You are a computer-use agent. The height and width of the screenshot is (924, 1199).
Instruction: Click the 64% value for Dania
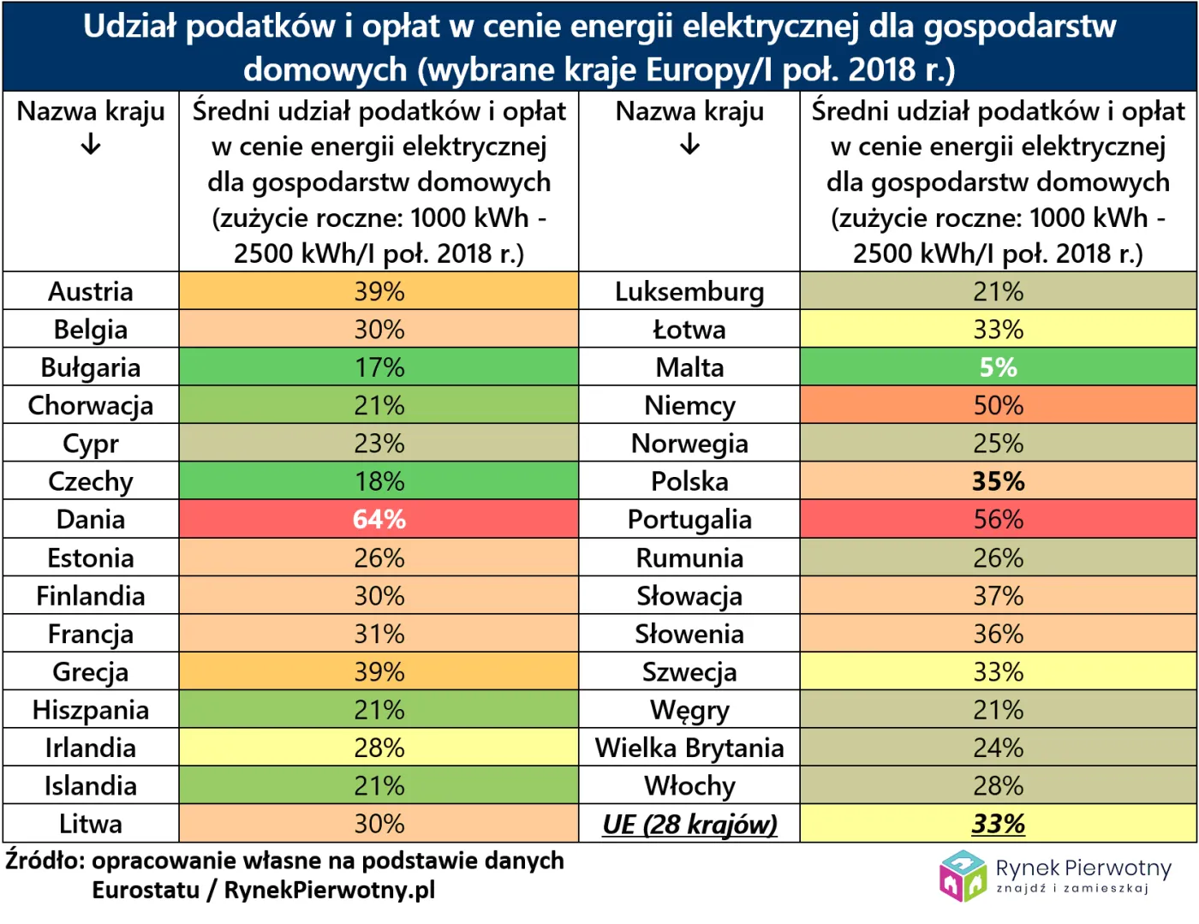coord(379,520)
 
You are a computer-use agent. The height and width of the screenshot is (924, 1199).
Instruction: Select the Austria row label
coord(91,292)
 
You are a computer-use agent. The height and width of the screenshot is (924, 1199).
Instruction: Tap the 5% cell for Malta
coord(998,367)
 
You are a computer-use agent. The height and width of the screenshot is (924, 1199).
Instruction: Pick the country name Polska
coord(689,481)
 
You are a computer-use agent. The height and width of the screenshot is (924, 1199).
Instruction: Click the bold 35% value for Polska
coord(998,481)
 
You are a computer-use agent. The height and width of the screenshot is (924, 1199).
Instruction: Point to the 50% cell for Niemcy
coord(998,405)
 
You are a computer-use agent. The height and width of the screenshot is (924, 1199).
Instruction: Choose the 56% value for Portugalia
coord(998,520)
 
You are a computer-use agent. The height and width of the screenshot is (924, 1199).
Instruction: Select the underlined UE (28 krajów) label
coord(689,824)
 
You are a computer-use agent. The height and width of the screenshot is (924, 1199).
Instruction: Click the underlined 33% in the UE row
coord(998,824)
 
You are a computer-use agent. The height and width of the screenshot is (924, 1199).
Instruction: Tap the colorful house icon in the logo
coord(963,875)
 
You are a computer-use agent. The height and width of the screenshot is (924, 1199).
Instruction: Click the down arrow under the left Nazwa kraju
coord(91,146)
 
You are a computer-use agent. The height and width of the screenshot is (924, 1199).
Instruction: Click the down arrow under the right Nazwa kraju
coord(689,146)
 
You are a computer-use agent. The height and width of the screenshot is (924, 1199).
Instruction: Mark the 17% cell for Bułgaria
coord(379,367)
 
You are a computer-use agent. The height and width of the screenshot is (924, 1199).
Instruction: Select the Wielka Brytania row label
coord(689,748)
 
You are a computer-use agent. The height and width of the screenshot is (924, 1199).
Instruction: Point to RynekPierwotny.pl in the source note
coord(329,890)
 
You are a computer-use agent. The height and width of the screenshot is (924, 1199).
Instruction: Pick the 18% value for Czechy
coord(379,481)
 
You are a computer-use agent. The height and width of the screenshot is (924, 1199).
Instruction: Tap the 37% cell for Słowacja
coord(998,596)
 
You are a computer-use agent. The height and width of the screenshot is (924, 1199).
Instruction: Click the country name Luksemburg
coord(689,292)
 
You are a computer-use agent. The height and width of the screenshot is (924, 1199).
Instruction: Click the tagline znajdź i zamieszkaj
coord(1071,889)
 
